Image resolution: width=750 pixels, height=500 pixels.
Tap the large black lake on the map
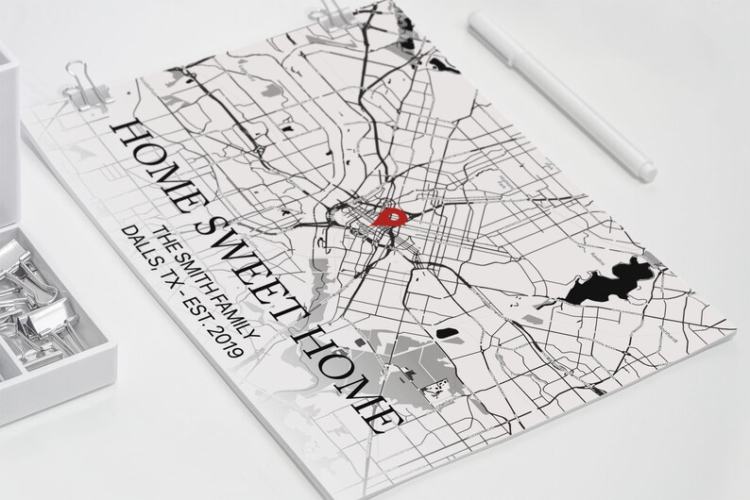click(x=605, y=284)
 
